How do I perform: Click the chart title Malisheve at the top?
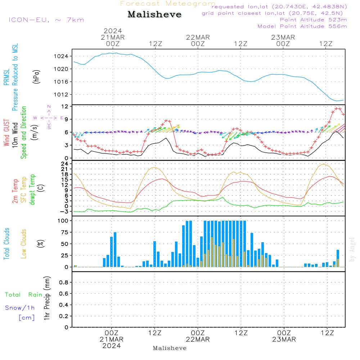pos(155,15)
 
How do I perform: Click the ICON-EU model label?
pos(46,20)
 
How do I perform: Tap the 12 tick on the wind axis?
pos(65,107)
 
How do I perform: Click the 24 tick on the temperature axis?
pos(65,164)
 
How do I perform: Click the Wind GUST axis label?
pos(6,133)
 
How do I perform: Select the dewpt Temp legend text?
pos(32,190)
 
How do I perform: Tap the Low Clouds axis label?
pos(24,244)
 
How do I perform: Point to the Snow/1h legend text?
pos(20,308)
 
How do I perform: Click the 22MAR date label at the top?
pos(198,37)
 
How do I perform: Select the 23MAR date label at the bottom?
pos(284,339)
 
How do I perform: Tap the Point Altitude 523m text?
pos(313,20)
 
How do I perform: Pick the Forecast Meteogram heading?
pos(168,4)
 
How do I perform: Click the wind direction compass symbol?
pos(49,118)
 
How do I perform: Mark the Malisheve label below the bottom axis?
pos(170,348)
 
